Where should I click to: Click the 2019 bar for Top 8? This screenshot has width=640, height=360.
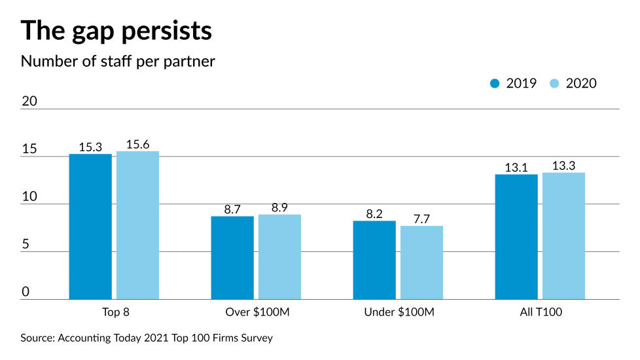click(x=90, y=226)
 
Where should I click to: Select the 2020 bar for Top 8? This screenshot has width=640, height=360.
click(x=137, y=225)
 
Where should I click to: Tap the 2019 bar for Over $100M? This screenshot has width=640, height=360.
click(x=232, y=257)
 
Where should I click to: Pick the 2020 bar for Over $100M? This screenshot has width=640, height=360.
click(x=279, y=257)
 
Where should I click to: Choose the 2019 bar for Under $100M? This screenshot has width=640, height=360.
click(x=374, y=260)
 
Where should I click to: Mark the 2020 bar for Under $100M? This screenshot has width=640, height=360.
click(x=421, y=262)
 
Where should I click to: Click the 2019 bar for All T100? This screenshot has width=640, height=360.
click(x=516, y=236)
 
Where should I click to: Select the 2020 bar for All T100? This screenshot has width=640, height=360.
click(x=563, y=236)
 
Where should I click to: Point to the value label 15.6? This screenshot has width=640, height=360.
click(x=137, y=145)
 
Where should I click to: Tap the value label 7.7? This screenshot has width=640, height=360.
click(x=421, y=219)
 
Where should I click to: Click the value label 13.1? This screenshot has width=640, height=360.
click(x=516, y=168)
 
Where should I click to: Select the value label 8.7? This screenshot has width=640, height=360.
click(x=232, y=209)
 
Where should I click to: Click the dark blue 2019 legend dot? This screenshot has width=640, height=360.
click(x=495, y=83)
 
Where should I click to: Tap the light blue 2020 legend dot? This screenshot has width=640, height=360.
click(x=555, y=83)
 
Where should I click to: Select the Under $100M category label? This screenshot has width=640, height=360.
click(x=399, y=312)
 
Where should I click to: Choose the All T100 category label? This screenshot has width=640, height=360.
click(x=540, y=312)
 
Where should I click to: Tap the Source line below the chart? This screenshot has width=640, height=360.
click(x=147, y=338)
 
